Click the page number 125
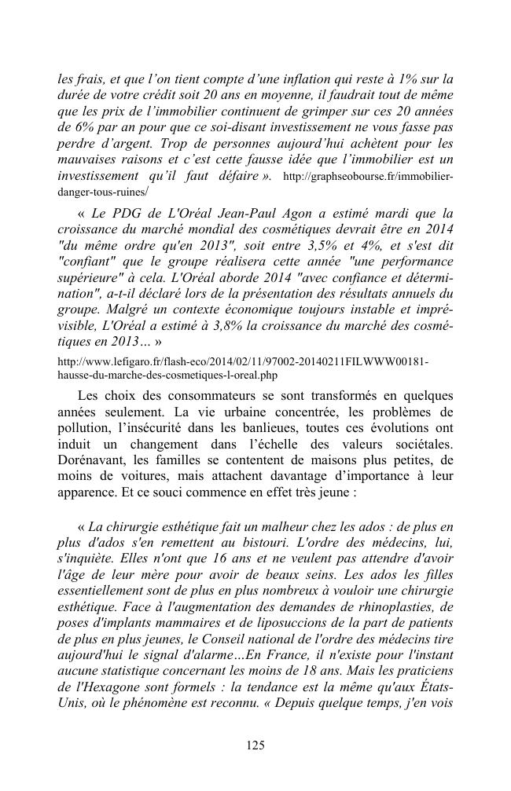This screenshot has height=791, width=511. click(x=256, y=745)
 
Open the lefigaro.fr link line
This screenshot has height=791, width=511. click(x=244, y=361)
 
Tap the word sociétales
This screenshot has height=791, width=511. click(x=419, y=442)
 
